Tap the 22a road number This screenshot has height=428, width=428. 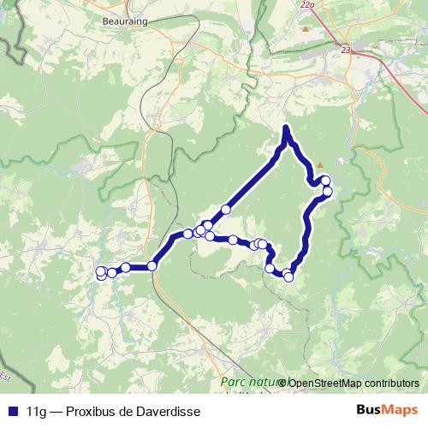pos(307,5)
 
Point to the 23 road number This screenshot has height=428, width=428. pos(346,51)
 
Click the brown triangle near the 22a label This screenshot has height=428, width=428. pos(306,29)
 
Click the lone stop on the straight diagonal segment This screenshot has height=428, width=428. pos(226,210)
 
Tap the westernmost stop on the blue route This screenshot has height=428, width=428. pos(100,273)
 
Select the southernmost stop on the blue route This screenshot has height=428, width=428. pos(288,276)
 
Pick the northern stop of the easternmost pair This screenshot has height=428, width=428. pos(325,181)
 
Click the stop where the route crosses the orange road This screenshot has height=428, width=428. pos(152,265)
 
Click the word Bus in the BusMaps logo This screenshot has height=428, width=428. pos(369,410)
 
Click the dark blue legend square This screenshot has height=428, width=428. pos(13,411)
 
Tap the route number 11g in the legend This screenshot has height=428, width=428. pos(37,411)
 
